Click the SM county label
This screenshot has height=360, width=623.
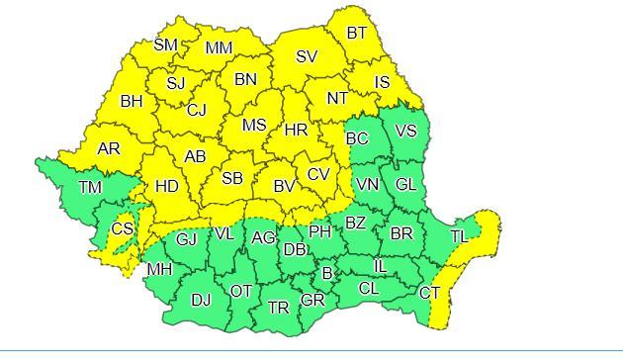tap(165, 45)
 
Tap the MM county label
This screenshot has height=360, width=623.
tap(219, 47)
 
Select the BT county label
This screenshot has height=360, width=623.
tap(357, 33)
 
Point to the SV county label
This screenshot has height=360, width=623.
tap(307, 57)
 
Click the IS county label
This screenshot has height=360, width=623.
tap(382, 82)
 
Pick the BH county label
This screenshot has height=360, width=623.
tap(132, 101)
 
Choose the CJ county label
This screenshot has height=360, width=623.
tap(197, 110)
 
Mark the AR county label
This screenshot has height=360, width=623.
tap(109, 149)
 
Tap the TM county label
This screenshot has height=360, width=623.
tap(90, 187)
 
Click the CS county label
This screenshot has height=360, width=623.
tap(122, 228)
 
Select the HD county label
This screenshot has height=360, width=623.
tap(167, 185)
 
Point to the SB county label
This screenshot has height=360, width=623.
tap(232, 178)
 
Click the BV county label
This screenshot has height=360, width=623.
tap(285, 185)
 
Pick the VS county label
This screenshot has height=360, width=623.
tap(405, 131)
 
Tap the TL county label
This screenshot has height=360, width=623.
tap(459, 237)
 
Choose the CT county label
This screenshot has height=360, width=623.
tap(429, 293)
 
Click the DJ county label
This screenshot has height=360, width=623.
tap(201, 300)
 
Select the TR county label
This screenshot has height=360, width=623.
tap(279, 309)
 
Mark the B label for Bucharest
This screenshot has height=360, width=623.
tap(327, 272)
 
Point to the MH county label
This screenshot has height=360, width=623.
tap(158, 269)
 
